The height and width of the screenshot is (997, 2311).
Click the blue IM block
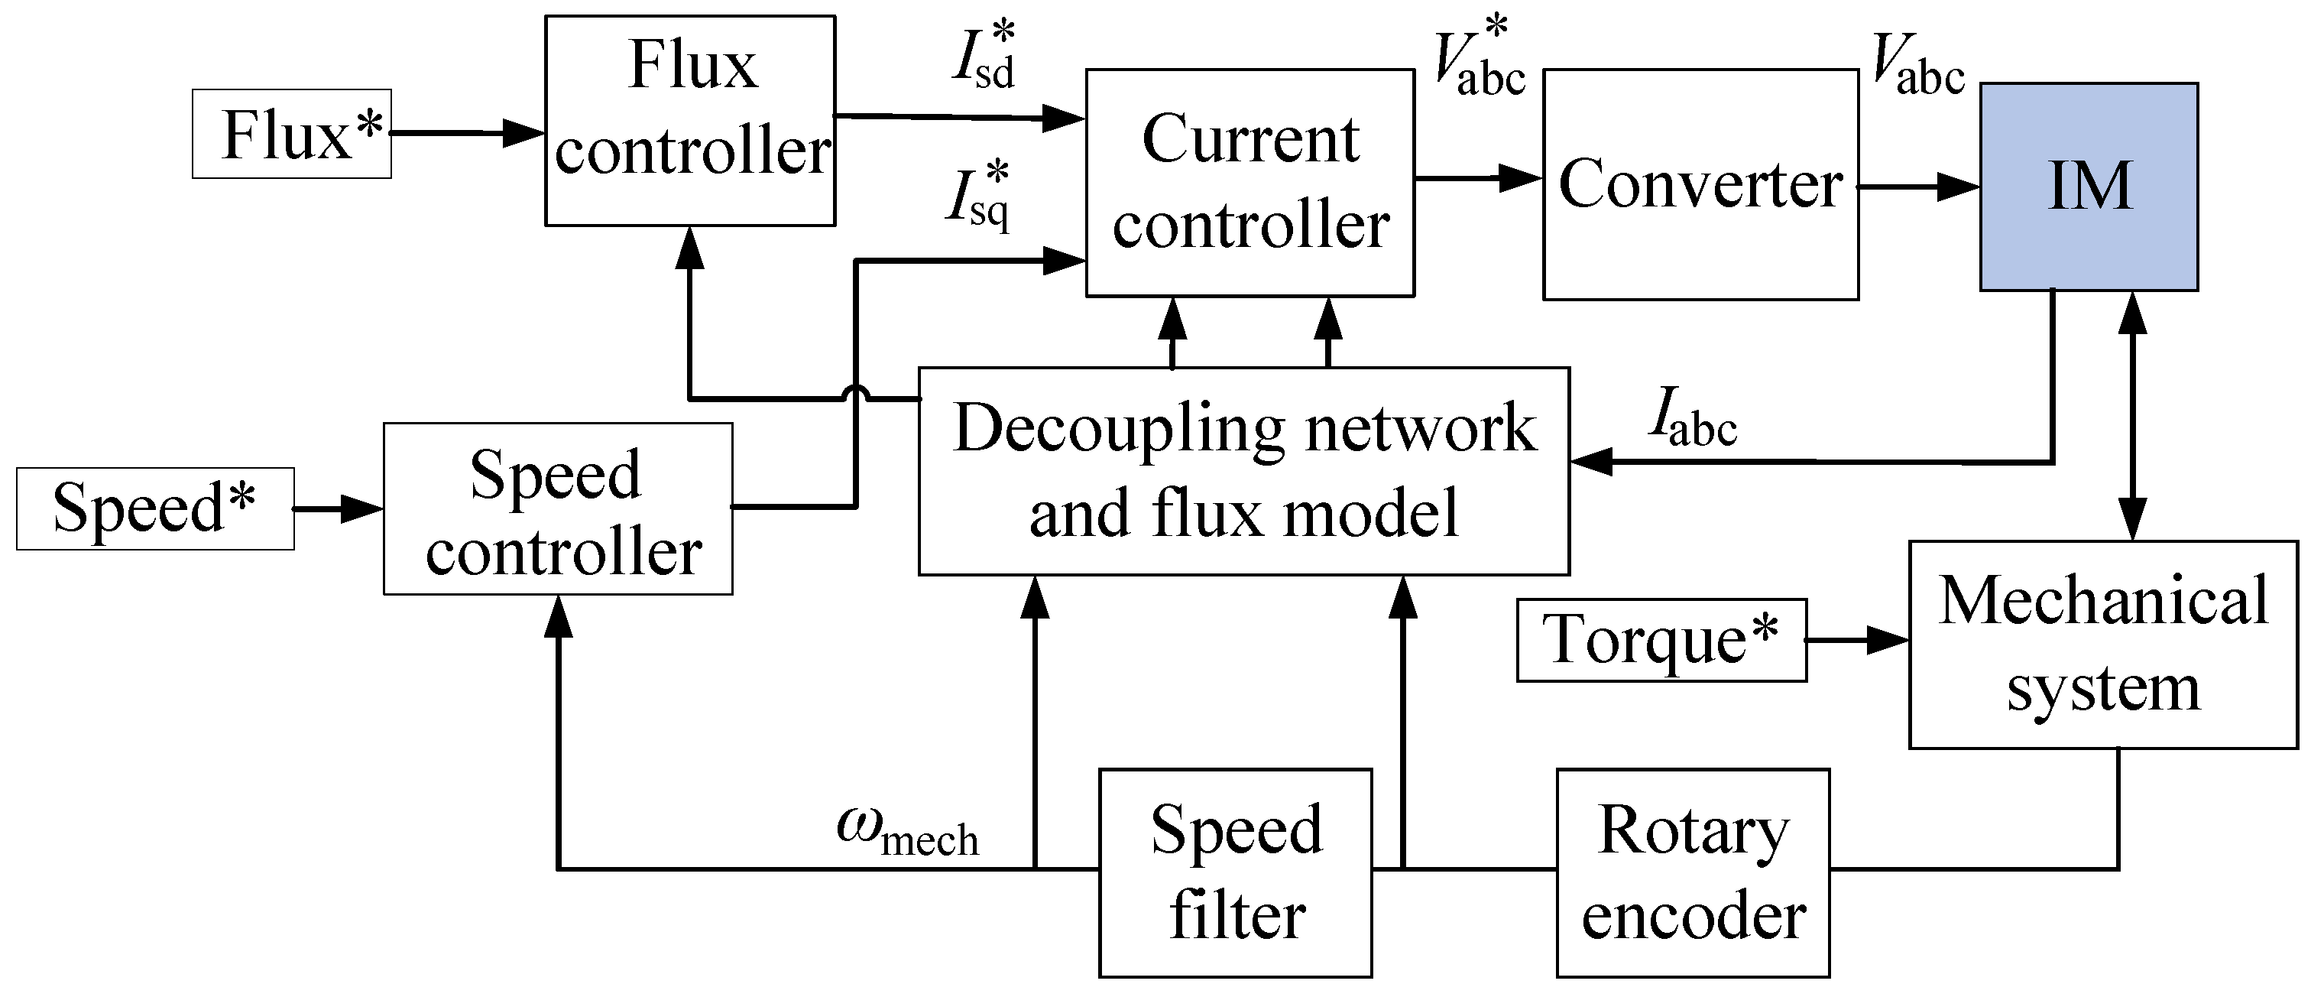tap(2089, 187)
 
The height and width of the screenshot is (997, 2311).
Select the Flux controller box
tap(691, 120)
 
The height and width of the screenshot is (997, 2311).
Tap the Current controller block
tap(1250, 183)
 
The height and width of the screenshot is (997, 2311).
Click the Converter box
tap(1701, 185)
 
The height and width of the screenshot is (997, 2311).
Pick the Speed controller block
tap(558, 508)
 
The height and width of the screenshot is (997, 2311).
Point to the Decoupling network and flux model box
tap(1244, 471)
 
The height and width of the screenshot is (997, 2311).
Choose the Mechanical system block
tap(2104, 645)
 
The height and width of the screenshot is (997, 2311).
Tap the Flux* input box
tap(292, 134)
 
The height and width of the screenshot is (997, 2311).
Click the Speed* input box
tap(155, 508)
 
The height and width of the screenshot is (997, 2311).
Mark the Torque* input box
tap(1661, 641)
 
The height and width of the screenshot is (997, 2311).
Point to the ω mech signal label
tap(907, 830)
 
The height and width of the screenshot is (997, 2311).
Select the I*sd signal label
tap(985, 56)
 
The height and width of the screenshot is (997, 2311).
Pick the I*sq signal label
tap(980, 197)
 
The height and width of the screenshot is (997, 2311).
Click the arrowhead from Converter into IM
tap(1959, 187)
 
